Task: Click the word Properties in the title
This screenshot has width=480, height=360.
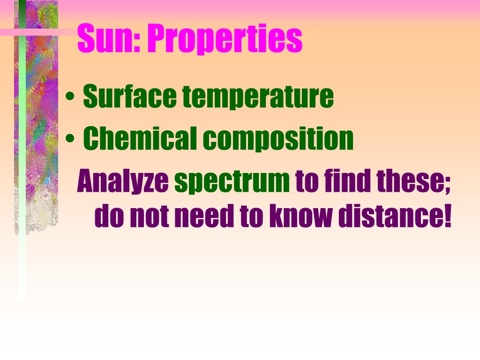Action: pyautogui.click(x=225, y=40)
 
